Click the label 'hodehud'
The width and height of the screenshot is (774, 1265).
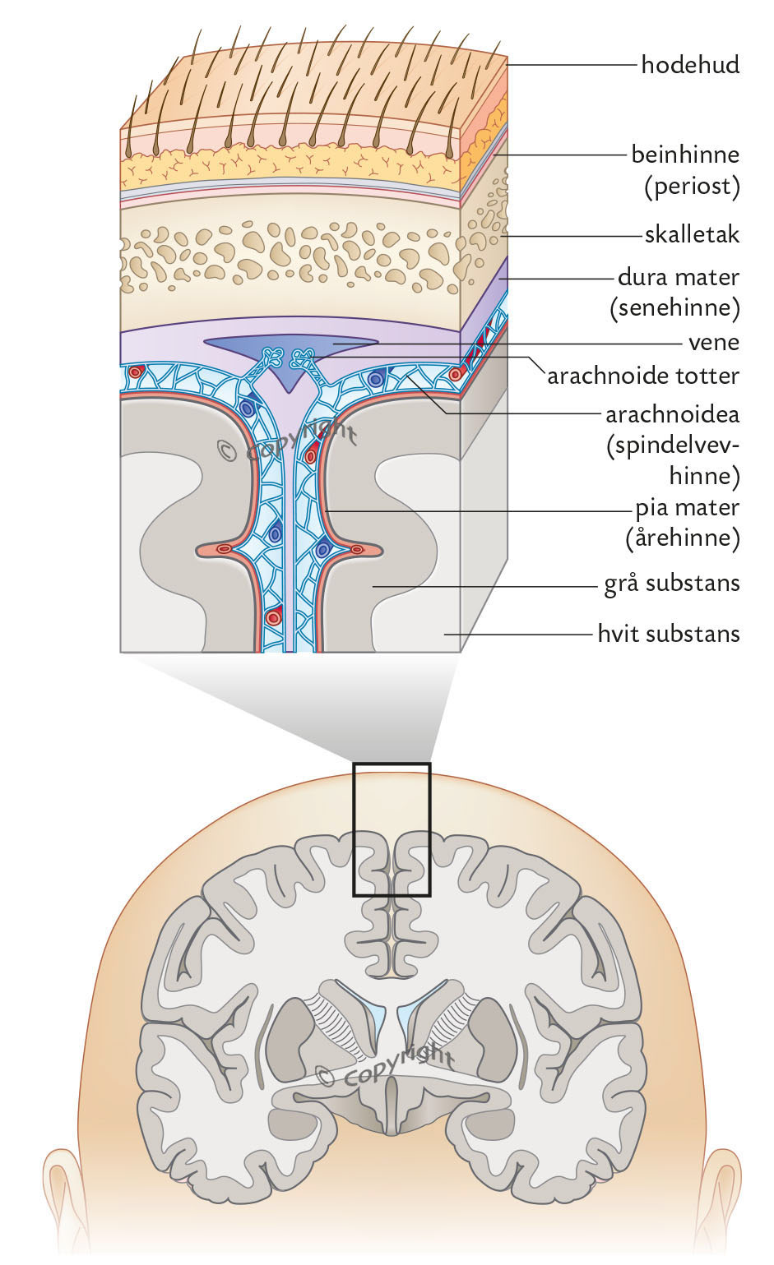pos(690,64)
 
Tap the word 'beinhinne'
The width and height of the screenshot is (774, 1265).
pos(685,155)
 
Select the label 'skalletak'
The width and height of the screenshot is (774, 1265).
pos(692,235)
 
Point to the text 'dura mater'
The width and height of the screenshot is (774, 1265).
pos(679,277)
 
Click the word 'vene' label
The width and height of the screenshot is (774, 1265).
pos(714,342)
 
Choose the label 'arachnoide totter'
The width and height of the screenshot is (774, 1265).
pos(643,376)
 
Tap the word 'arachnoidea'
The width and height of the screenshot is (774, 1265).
pos(672,413)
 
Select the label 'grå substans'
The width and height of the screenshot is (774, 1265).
pos(672,584)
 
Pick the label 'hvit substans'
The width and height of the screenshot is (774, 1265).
pos(669,634)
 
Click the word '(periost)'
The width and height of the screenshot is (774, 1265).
pos(692,187)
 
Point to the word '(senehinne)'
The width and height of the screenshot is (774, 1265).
pos(674,308)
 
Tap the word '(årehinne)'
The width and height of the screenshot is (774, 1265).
pos(682,538)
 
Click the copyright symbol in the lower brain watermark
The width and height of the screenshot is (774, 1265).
pos(326,1075)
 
